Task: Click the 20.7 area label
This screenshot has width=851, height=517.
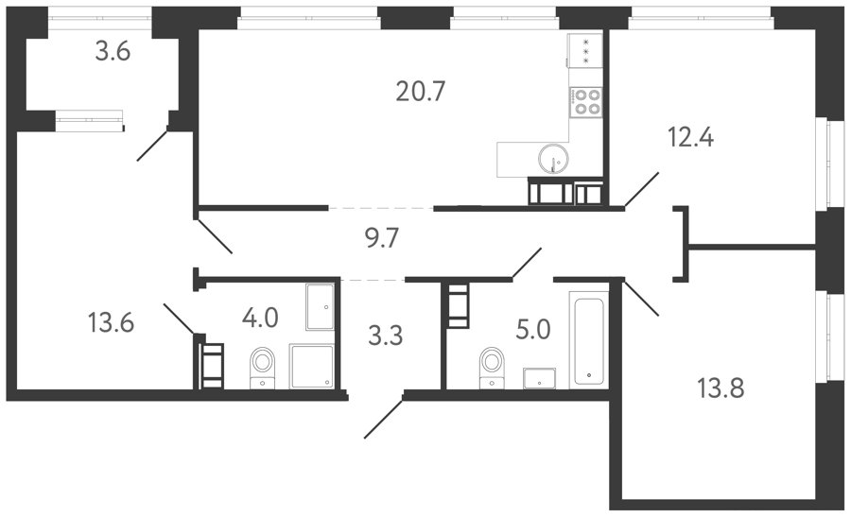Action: click(x=420, y=91)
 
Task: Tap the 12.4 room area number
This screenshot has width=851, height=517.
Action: click(x=690, y=137)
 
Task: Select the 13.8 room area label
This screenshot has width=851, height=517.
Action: click(x=721, y=388)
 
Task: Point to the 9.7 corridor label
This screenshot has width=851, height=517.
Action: click(x=382, y=238)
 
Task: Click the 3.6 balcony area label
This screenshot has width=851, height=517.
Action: click(x=113, y=52)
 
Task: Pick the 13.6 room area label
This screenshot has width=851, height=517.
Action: click(x=111, y=323)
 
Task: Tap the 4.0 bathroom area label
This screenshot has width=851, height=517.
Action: click(x=260, y=318)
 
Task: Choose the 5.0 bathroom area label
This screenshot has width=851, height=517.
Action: click(x=533, y=329)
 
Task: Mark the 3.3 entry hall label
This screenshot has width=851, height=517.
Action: click(x=386, y=336)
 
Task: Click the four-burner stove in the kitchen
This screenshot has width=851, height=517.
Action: click(x=586, y=102)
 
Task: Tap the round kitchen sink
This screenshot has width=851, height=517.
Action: click(x=553, y=158)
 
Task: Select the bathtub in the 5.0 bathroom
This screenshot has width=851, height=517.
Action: click(x=588, y=339)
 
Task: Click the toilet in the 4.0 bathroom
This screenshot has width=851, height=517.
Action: click(x=263, y=368)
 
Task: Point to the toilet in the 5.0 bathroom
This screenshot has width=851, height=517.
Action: click(x=493, y=368)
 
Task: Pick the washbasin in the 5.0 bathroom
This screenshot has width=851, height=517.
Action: click(x=540, y=378)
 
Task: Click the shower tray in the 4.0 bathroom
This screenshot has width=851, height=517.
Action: click(x=311, y=366)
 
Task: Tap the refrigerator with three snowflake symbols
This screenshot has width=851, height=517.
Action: click(x=585, y=50)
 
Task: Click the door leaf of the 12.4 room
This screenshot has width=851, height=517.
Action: click(x=642, y=190)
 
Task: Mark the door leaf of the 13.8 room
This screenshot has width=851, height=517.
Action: click(x=641, y=297)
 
